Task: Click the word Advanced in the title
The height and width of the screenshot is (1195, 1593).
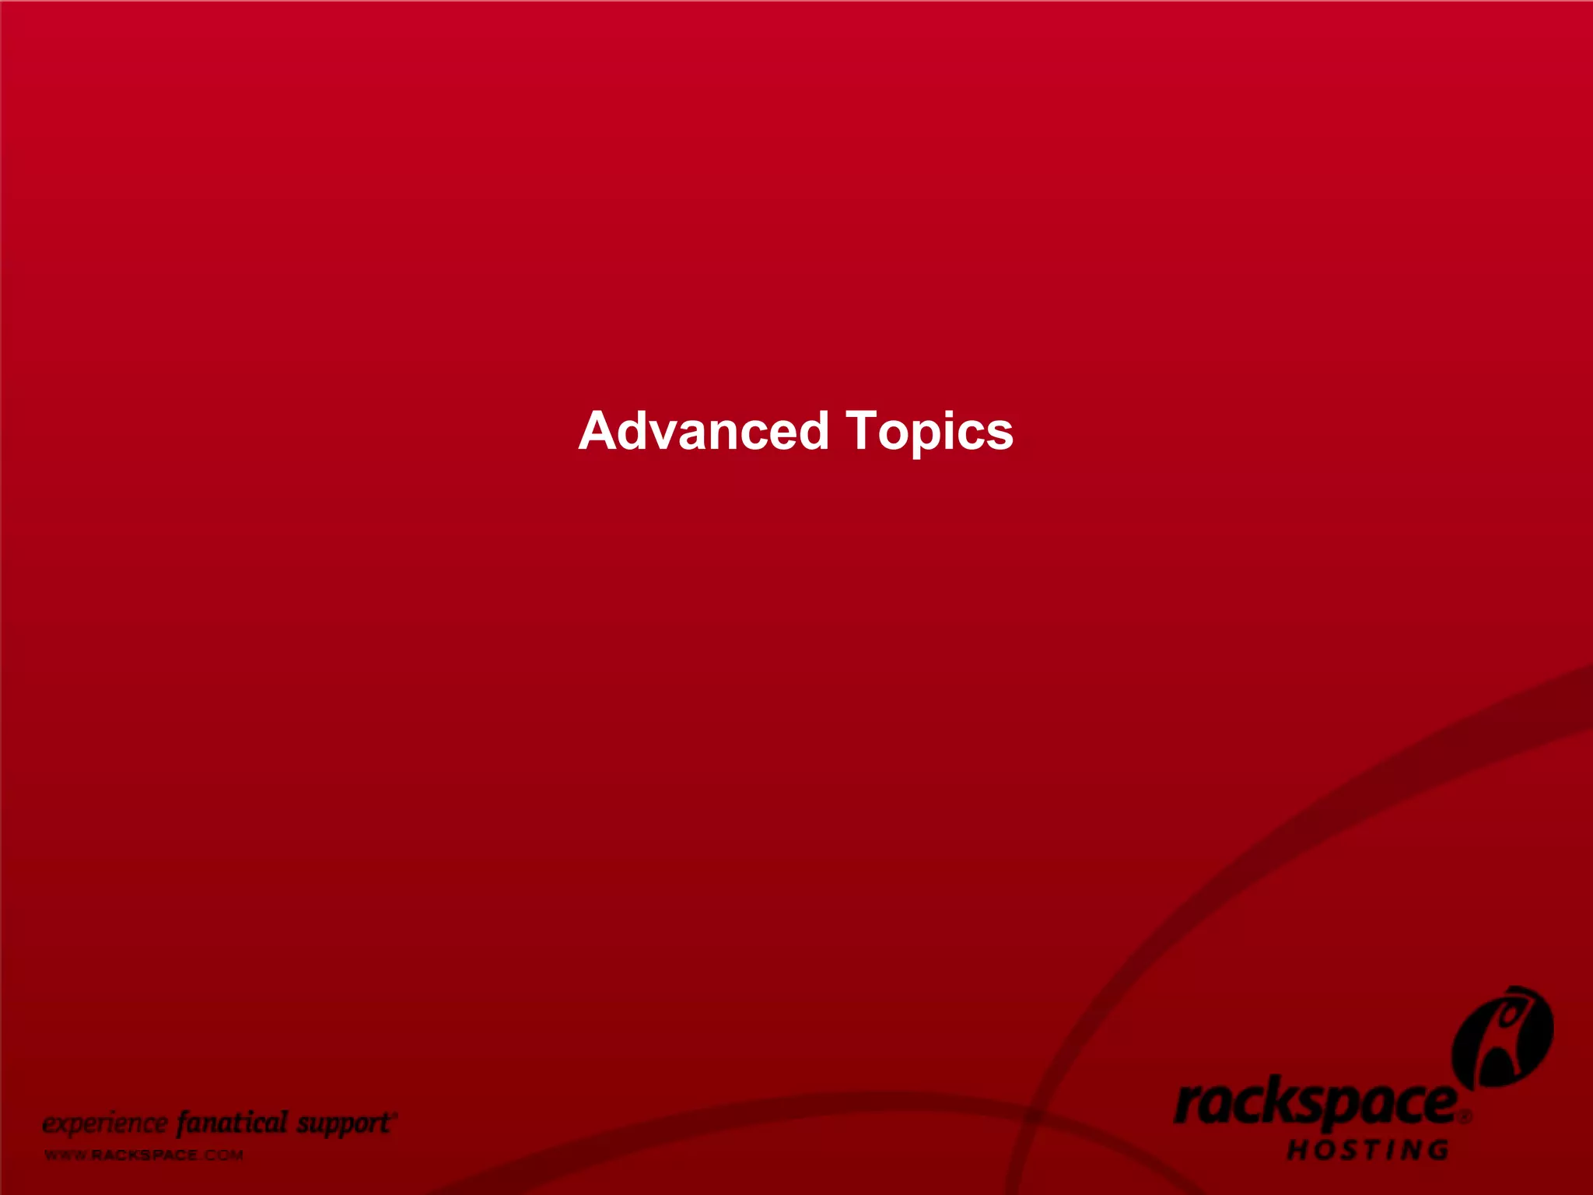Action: (x=704, y=431)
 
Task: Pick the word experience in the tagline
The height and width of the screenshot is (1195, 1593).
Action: (x=104, y=1124)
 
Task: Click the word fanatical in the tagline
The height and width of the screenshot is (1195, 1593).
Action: (x=232, y=1123)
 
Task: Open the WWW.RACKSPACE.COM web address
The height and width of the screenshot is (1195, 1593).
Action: (x=144, y=1155)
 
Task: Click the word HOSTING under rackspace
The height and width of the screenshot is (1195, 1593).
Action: (x=1368, y=1150)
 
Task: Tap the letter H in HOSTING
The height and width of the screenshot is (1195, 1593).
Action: (x=1297, y=1150)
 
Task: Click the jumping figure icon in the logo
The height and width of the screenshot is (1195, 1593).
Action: (x=1503, y=1039)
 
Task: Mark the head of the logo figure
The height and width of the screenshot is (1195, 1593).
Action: (x=1511, y=1013)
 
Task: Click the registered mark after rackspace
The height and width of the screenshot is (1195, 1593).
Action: (x=1465, y=1116)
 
